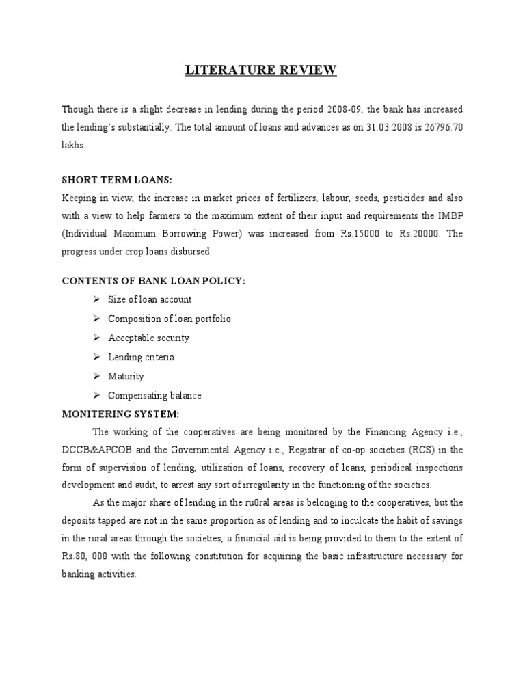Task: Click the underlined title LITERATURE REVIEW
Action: (x=262, y=71)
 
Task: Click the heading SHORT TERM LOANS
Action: (x=117, y=179)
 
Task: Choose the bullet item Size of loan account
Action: (x=150, y=299)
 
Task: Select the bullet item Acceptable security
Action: (x=148, y=338)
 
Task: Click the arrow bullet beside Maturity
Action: (x=96, y=376)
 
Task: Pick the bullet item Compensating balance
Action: (x=154, y=395)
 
